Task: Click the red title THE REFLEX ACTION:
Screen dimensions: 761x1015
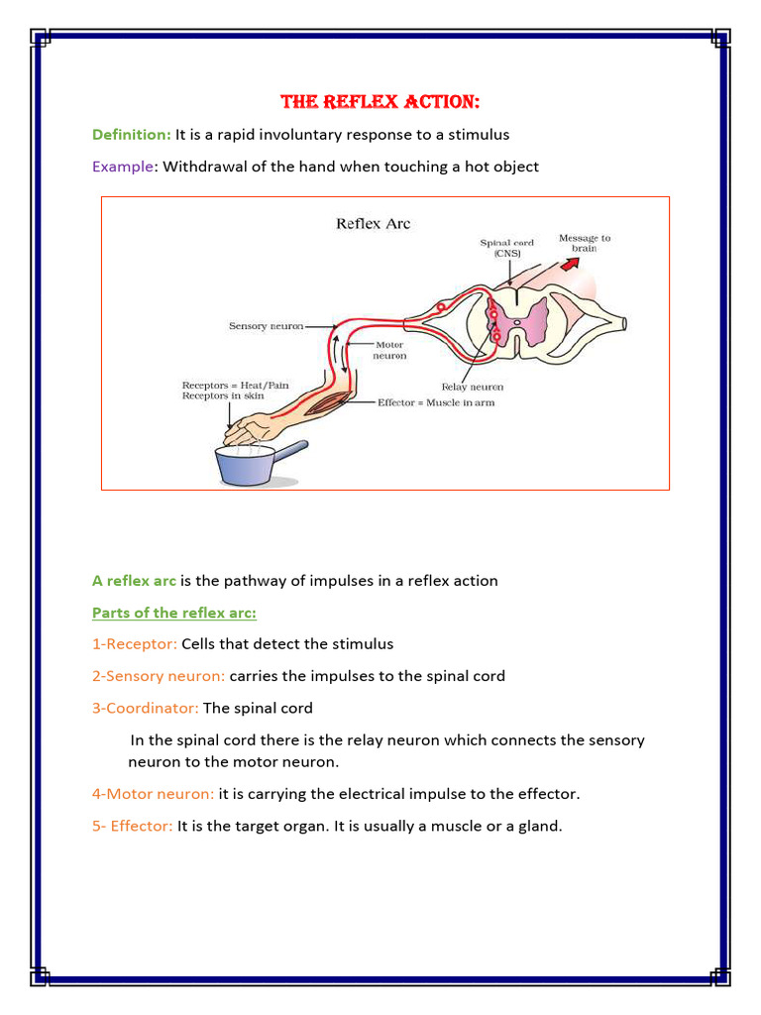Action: click(x=380, y=102)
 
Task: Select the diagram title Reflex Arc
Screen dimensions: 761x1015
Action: click(x=373, y=223)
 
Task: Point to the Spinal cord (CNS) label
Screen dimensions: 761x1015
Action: click(x=506, y=248)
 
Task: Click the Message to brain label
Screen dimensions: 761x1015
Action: click(x=585, y=243)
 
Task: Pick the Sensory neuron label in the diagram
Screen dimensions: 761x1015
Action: click(x=266, y=326)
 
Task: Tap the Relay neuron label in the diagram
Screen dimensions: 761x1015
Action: click(x=472, y=387)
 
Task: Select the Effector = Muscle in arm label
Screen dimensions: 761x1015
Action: click(x=435, y=402)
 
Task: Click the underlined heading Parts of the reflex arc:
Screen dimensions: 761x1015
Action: click(x=174, y=613)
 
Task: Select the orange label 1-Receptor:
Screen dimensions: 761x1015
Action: click(x=135, y=644)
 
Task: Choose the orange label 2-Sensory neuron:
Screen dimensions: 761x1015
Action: click(x=159, y=676)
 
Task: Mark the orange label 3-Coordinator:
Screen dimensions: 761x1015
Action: click(x=146, y=708)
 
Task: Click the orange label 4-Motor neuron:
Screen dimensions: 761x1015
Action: click(x=153, y=793)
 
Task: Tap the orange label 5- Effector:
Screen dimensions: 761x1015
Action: click(x=133, y=825)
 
